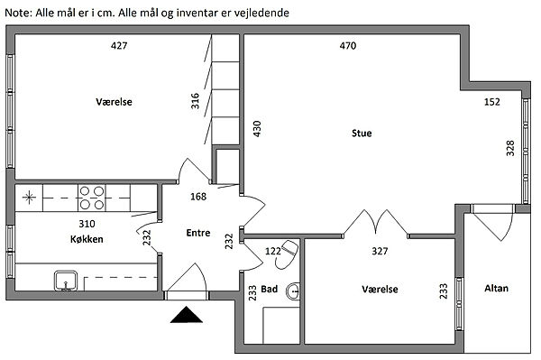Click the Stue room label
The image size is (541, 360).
pyautogui.click(x=362, y=134)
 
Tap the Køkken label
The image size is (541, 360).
pyautogui.click(x=87, y=239)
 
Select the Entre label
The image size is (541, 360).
pyautogui.click(x=198, y=233)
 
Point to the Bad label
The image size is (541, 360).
pyautogui.click(x=269, y=289)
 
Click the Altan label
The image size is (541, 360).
pyautogui.click(x=496, y=288)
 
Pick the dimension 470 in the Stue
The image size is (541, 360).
pyautogui.click(x=348, y=45)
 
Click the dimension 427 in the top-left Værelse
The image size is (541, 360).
pyautogui.click(x=119, y=45)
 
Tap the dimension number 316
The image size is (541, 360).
pyautogui.click(x=196, y=101)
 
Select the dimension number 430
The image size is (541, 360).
pyautogui.click(x=257, y=129)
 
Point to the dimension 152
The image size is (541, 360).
pyautogui.click(x=491, y=102)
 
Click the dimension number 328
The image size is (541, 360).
pyautogui.click(x=510, y=148)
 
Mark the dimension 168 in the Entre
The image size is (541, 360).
pyautogui.click(x=198, y=197)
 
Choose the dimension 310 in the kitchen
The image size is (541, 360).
pyautogui.click(x=87, y=224)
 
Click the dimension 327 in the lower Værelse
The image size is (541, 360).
pyautogui.click(x=380, y=251)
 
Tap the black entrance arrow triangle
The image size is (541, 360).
pyautogui.click(x=187, y=315)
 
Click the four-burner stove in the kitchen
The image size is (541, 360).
pyautogui.click(x=92, y=198)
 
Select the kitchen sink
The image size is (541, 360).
pyautogui.click(x=66, y=281)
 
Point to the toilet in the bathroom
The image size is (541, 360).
pyautogui.click(x=287, y=254)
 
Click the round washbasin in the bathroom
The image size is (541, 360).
pyautogui.click(x=293, y=291)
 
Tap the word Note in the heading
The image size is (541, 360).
pyautogui.click(x=18, y=14)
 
